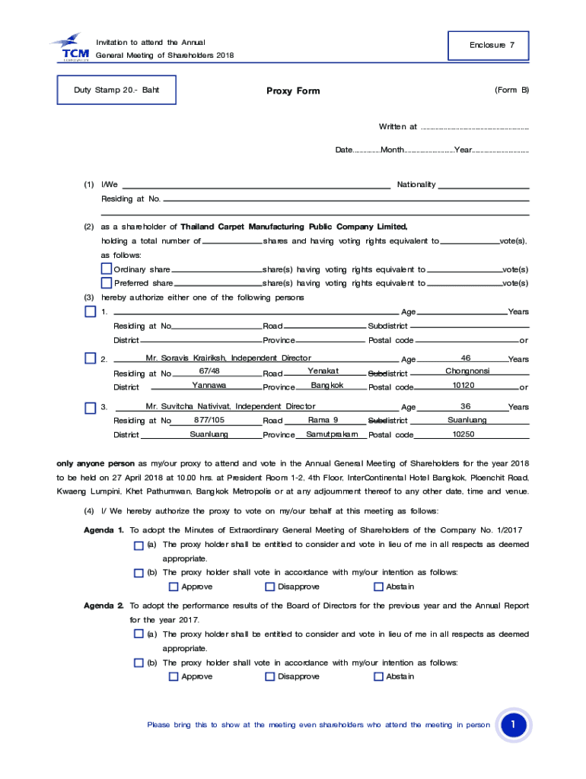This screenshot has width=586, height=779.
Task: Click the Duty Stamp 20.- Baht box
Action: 116,90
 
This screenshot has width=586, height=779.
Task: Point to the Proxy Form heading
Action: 293,91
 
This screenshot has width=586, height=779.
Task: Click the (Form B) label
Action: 511,90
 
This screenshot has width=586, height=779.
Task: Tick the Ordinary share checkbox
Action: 107,269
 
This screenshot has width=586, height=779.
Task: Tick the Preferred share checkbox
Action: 107,283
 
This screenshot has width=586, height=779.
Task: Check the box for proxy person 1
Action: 90,312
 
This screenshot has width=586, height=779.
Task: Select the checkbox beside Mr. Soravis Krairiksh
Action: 90,358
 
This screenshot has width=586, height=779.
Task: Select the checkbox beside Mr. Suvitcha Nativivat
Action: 90,407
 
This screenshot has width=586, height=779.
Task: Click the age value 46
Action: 466,358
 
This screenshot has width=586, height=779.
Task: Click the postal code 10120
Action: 463,386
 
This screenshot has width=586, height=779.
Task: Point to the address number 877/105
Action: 209,420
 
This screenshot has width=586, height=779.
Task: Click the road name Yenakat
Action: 323,371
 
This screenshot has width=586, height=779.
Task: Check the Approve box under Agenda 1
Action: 174,587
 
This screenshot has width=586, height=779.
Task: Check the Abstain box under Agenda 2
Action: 378,676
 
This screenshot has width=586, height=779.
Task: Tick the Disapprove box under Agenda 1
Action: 269,587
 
